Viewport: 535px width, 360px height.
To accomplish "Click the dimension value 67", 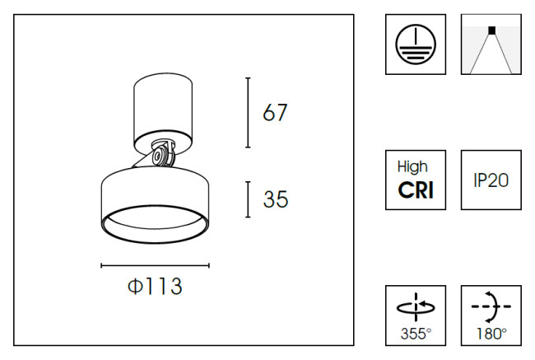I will tap(276, 112).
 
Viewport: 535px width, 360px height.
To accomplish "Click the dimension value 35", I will tap(276, 199).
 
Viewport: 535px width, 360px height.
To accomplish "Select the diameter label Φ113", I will tap(155, 288).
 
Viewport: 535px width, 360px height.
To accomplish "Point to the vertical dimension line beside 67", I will tap(249, 113).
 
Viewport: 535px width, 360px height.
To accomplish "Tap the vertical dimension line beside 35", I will tap(249, 200).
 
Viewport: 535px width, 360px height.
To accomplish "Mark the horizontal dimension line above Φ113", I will tap(155, 265).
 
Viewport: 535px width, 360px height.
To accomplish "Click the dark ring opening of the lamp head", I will tap(154, 223).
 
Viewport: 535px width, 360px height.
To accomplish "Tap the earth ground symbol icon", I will tap(416, 44).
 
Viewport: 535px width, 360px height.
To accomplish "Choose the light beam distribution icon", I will tap(491, 44).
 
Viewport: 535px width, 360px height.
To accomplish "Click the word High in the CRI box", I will tap(416, 167).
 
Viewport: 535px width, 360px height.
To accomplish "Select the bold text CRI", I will tap(416, 190).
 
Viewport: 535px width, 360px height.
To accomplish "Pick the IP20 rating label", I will tap(491, 180).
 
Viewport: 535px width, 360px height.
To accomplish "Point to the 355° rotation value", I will tap(416, 334).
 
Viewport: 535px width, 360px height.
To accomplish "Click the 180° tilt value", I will tap(491, 334).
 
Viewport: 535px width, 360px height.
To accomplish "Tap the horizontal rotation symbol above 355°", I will tap(416, 307).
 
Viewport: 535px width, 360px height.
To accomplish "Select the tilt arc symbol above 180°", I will tap(491, 306).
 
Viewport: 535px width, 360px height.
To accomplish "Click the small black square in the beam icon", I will tap(491, 30).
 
